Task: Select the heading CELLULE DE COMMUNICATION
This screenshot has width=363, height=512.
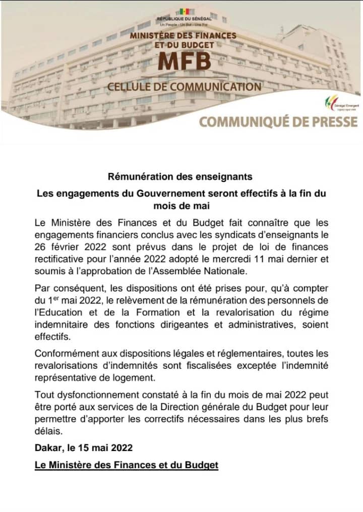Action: [x=184, y=87]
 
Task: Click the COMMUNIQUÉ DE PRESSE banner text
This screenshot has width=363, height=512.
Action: [x=278, y=121]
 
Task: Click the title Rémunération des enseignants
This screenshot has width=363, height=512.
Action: [x=180, y=177]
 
